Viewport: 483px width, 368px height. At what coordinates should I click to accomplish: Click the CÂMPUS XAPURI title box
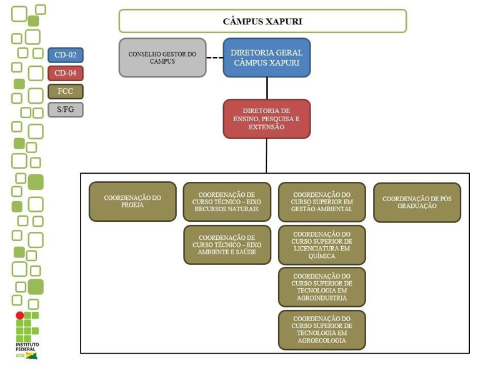tap(262, 21)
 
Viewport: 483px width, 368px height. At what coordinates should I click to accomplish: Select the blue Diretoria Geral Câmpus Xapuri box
tap(266, 58)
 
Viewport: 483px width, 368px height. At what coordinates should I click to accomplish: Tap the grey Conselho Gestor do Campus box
tap(162, 58)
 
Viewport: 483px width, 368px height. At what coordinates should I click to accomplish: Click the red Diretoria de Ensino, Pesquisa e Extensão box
tap(266, 119)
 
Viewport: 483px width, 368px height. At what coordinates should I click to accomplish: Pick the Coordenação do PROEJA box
tap(132, 202)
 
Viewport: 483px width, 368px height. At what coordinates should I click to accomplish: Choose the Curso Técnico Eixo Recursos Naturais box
tap(227, 202)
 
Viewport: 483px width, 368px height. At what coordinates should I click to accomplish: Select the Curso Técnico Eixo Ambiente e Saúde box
tap(227, 244)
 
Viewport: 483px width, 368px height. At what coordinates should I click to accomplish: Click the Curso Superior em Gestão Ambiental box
tap(322, 202)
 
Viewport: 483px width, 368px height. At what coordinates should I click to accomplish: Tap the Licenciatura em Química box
tap(322, 245)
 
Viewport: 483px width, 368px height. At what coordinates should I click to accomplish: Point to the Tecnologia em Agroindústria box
tap(322, 287)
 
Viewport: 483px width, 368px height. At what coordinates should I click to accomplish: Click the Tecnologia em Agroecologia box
tap(322, 330)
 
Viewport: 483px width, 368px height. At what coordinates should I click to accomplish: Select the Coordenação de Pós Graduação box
tap(417, 202)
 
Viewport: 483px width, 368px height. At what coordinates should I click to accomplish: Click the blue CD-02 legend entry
tap(66, 55)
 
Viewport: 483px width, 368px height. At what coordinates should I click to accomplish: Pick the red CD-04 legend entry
tap(66, 73)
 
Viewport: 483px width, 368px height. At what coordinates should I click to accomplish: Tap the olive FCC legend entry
tap(66, 92)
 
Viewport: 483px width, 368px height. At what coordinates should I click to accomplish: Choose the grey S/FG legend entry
tap(66, 110)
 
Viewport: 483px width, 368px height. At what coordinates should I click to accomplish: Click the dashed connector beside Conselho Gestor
tap(214, 59)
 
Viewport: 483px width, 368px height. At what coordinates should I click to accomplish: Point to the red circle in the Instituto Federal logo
tap(20, 316)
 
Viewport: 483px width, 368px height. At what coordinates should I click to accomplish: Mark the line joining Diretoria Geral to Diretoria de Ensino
tap(267, 88)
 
